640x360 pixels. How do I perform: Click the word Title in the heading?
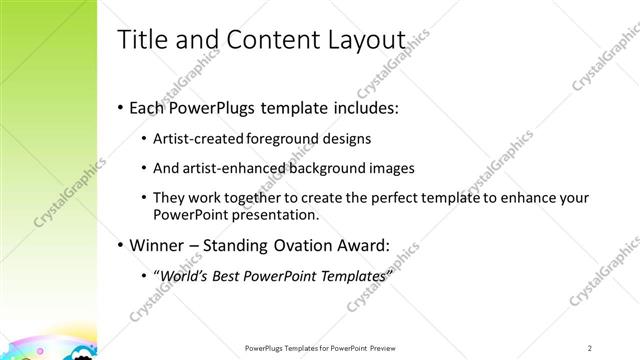pyautogui.click(x=141, y=39)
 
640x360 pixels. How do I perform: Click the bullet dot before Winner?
pyautogui.click(x=121, y=245)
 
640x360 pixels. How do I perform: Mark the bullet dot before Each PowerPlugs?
pyautogui.click(x=121, y=106)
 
